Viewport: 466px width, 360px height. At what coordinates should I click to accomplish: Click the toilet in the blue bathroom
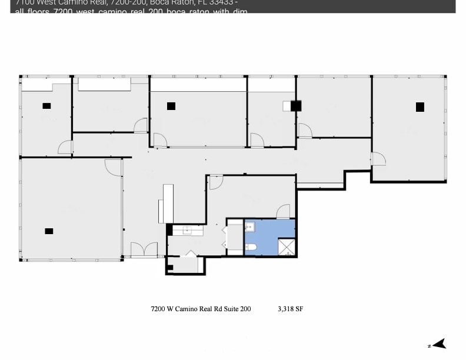click(249, 247)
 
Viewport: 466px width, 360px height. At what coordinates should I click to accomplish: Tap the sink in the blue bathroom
click(249, 226)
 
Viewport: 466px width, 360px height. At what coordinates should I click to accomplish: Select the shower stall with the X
click(286, 247)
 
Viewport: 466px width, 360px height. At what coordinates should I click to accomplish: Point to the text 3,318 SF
click(290, 308)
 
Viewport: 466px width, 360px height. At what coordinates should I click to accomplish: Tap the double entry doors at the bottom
click(144, 251)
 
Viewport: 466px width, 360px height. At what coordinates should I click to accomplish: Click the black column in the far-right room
click(420, 106)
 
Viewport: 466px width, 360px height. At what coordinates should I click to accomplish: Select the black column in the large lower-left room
click(49, 231)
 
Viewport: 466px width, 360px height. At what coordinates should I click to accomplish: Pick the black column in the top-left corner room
click(46, 106)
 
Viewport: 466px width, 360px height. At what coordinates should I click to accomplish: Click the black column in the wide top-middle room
click(171, 106)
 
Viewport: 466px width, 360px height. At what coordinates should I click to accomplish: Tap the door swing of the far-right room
click(378, 158)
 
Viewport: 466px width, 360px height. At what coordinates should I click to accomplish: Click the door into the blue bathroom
click(283, 211)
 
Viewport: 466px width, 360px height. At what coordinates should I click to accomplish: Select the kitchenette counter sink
click(188, 230)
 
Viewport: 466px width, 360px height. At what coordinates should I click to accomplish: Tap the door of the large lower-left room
click(113, 166)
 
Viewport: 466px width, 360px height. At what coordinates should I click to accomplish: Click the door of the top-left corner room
click(65, 148)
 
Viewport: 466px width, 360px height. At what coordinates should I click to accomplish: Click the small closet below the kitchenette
click(186, 264)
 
